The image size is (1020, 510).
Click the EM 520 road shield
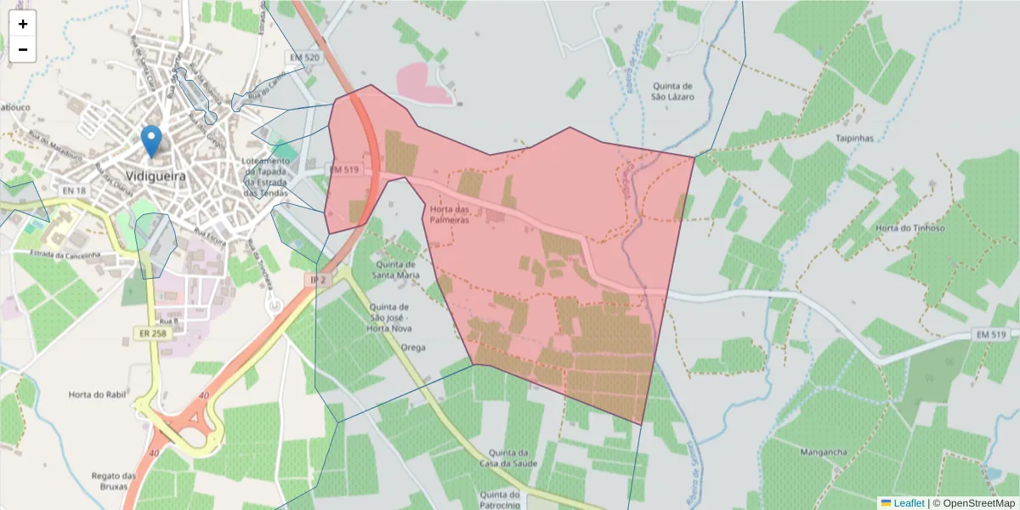pyautogui.click(x=304, y=58)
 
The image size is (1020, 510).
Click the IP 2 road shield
pyautogui.click(x=318, y=280)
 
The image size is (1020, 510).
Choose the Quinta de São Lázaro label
pyautogui.click(x=673, y=91)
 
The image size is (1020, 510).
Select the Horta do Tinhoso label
pyautogui.click(x=909, y=228)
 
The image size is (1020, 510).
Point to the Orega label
pyautogui.click(x=413, y=348)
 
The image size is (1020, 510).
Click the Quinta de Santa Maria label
pyautogui.click(x=397, y=269)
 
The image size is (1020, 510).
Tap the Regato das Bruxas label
pyautogui.click(x=113, y=481)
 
